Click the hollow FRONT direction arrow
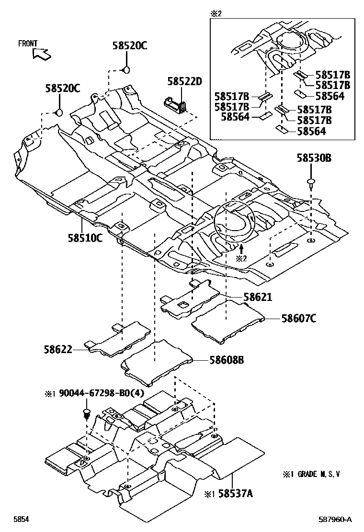(x=42, y=54)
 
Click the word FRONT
(x=28, y=44)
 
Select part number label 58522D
(x=185, y=81)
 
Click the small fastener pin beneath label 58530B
(x=311, y=182)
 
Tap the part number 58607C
(x=298, y=318)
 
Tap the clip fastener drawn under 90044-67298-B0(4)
(x=87, y=413)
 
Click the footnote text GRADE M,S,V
(x=318, y=474)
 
